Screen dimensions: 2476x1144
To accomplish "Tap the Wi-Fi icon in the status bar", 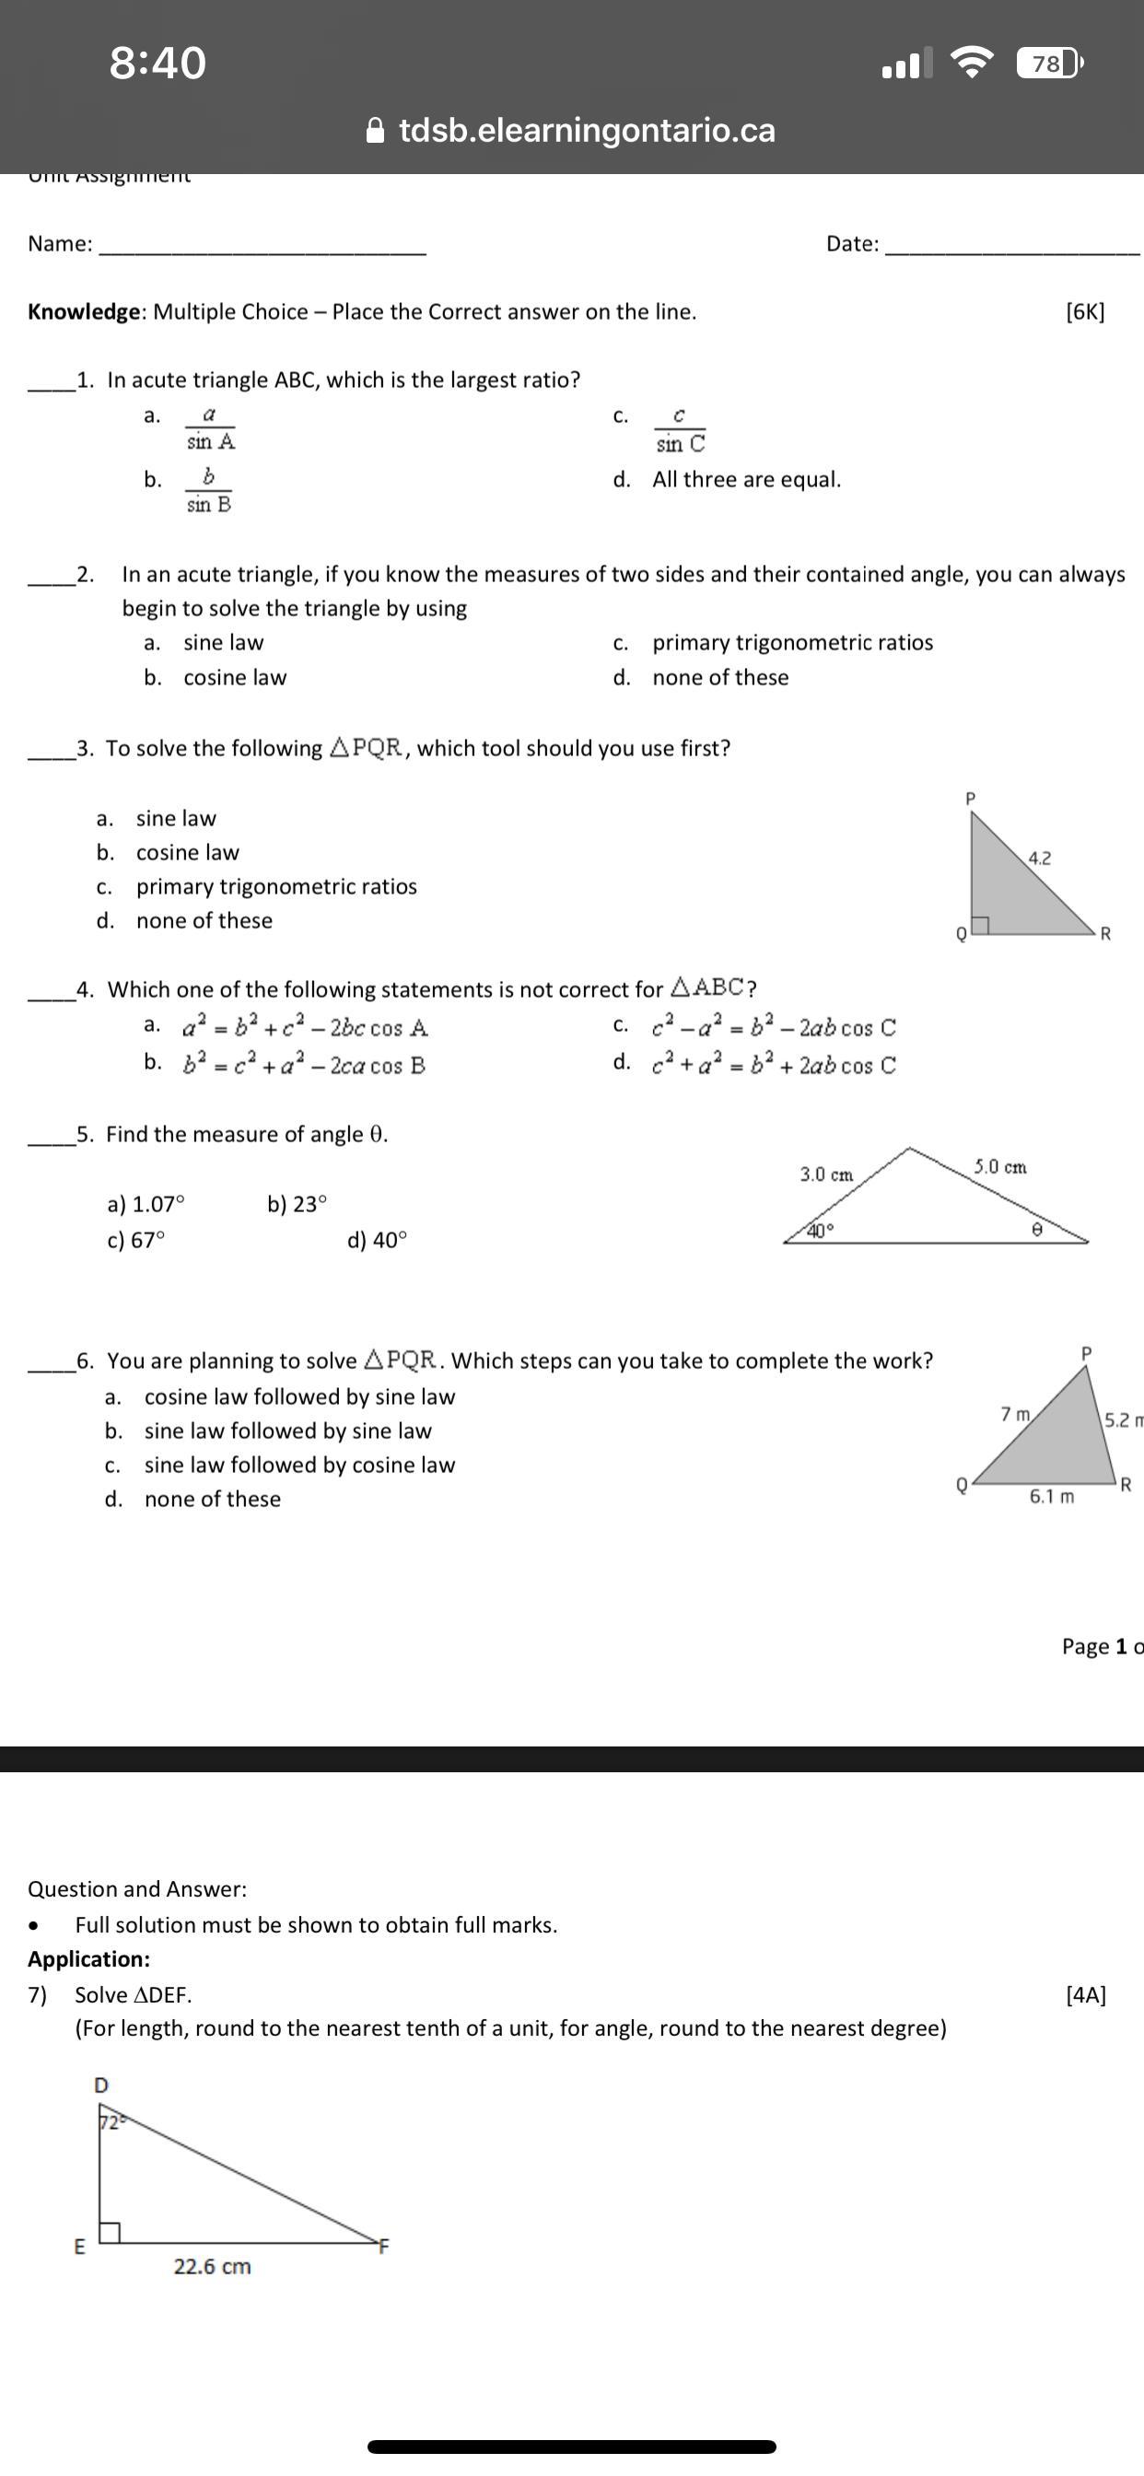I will (x=972, y=64).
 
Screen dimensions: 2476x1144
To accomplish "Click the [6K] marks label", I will (x=1085, y=311).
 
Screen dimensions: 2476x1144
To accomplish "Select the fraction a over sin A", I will (x=210, y=428).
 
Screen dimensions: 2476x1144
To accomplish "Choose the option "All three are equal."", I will (x=746, y=480).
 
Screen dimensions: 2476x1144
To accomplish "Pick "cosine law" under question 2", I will (x=235, y=678).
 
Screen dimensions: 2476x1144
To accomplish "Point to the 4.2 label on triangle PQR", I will (x=1039, y=858).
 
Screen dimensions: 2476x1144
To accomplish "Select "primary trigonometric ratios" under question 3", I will (x=276, y=886).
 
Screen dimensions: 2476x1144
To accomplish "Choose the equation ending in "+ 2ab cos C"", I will (x=774, y=1065).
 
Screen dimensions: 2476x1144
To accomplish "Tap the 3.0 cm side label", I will (x=826, y=1174).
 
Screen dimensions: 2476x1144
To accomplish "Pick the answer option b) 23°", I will (x=298, y=1204).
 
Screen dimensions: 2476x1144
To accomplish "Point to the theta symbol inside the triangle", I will (x=1036, y=1230).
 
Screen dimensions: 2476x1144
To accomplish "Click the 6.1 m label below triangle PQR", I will (x=1052, y=1497).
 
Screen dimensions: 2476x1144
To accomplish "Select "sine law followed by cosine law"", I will (x=299, y=1465).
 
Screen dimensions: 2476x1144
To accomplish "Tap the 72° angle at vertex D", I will (x=111, y=2122).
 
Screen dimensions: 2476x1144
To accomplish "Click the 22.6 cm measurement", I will (x=213, y=2267).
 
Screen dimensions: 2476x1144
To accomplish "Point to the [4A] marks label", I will (x=1086, y=1994).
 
